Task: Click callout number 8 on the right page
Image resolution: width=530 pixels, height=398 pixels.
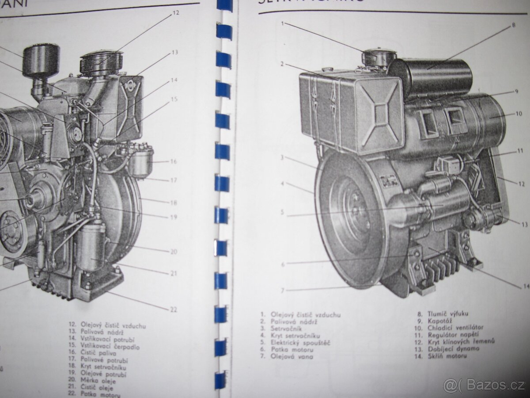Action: pos(513,25)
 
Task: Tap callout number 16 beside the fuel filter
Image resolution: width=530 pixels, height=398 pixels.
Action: pos(173,161)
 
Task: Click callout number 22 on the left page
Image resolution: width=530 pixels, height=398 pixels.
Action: pos(173,308)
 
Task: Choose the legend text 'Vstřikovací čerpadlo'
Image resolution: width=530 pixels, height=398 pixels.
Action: pos(110,347)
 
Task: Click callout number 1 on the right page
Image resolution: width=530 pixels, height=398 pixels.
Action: pos(283,23)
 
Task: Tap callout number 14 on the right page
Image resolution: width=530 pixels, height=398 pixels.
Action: pos(526,286)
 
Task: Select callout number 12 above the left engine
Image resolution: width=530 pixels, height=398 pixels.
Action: pos(176,13)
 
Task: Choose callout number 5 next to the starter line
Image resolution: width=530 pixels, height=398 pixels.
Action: pos(282,212)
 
